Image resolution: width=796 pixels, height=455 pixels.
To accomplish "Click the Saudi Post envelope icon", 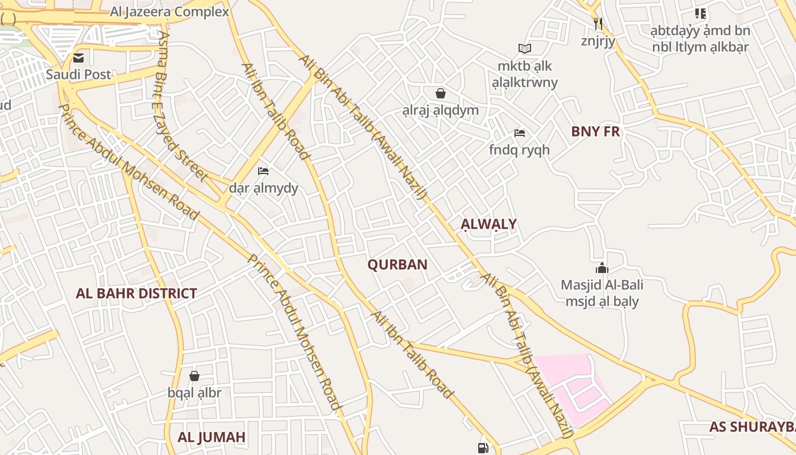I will click(x=78, y=57).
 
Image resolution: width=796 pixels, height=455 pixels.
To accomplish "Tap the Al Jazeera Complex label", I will click(x=169, y=11).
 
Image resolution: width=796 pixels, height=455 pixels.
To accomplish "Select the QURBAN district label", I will click(x=397, y=264).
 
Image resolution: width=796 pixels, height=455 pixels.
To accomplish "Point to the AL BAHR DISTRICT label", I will click(x=136, y=293).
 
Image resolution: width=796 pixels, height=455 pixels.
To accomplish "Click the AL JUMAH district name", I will click(x=212, y=437).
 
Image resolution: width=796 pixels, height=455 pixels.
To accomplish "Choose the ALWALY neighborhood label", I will click(x=488, y=224).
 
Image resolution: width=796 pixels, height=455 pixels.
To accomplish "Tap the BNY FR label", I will click(x=595, y=131).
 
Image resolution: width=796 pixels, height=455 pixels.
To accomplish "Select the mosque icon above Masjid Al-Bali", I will click(x=602, y=268).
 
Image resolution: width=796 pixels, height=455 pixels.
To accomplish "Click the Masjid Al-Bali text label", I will click(x=602, y=284).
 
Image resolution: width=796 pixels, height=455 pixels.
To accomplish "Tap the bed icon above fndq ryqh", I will click(x=519, y=133).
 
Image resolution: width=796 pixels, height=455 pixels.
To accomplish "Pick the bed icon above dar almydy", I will click(x=263, y=171).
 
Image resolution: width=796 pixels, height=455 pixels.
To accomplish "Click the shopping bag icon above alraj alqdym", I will click(x=440, y=93).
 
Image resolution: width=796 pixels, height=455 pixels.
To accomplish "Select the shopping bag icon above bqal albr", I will click(x=194, y=376).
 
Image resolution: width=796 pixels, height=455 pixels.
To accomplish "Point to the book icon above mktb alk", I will click(x=524, y=49).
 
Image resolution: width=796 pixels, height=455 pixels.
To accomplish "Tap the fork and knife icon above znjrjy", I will click(x=598, y=23).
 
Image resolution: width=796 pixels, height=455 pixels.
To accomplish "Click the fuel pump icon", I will click(x=483, y=448).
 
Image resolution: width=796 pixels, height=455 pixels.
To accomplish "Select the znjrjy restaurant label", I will click(x=598, y=41).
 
